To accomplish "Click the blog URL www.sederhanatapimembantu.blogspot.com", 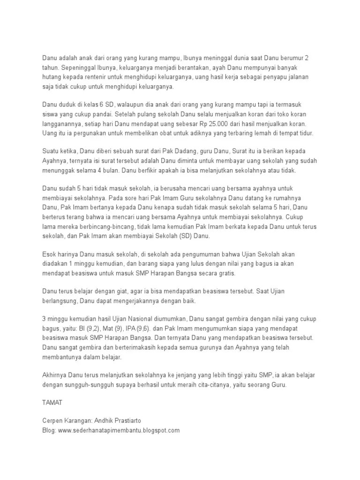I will [119, 430].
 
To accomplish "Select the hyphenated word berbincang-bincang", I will [105, 227].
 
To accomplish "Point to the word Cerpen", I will [52, 421].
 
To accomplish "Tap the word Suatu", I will [51, 151].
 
